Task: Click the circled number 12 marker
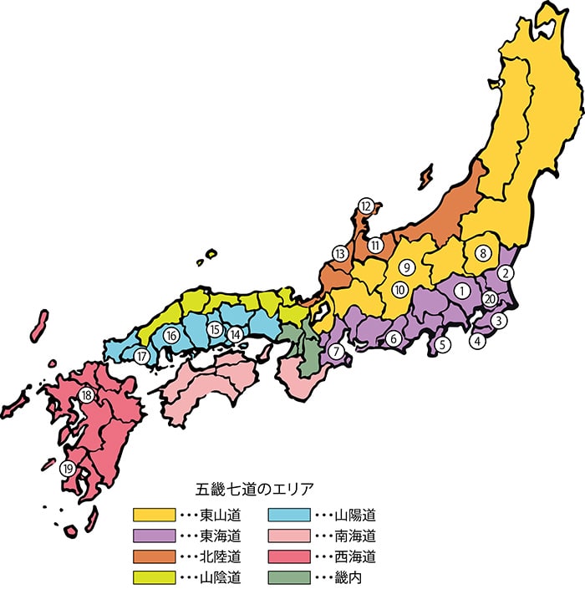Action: click(x=365, y=206)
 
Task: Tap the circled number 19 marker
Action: click(x=68, y=469)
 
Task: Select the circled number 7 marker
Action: click(x=335, y=352)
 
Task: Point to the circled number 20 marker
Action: click(x=491, y=300)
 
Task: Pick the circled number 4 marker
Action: click(x=477, y=341)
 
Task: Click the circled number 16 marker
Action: click(x=172, y=336)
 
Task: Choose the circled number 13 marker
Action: click(x=339, y=253)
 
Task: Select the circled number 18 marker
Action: click(x=86, y=395)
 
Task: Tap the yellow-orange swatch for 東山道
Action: click(x=154, y=514)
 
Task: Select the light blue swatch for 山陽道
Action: click(x=287, y=514)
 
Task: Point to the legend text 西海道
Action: click(x=354, y=556)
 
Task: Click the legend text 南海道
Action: click(x=354, y=536)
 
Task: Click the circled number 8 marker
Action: click(x=483, y=253)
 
